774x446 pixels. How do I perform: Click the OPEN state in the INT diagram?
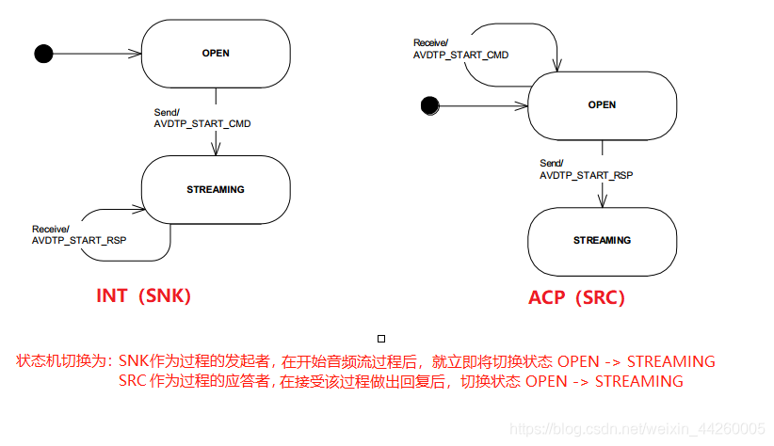[x=216, y=54]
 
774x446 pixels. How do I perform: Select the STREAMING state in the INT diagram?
[x=216, y=190]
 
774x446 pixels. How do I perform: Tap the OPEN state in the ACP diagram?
[x=602, y=105]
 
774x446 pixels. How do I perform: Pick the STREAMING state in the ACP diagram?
[x=602, y=241]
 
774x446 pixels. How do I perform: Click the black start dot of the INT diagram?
[x=42, y=53]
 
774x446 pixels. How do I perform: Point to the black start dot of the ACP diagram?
[x=430, y=105]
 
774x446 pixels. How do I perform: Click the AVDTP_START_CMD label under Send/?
[x=202, y=123]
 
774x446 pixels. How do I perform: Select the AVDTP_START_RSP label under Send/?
[x=587, y=175]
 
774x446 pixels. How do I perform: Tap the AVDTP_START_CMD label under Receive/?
[x=460, y=56]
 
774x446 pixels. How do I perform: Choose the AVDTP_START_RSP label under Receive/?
[x=79, y=241]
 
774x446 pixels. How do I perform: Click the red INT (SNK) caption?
[x=144, y=295]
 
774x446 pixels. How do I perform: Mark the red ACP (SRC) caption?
[x=576, y=297]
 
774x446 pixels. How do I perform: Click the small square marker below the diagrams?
[x=380, y=337]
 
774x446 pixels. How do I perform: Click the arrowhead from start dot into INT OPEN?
[x=137, y=54]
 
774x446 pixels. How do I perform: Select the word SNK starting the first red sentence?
[x=134, y=361]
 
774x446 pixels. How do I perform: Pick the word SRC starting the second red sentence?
[x=134, y=381]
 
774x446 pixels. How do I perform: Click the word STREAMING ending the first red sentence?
[x=670, y=361]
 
